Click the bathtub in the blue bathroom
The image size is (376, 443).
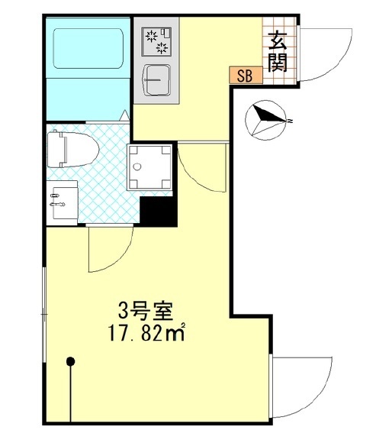(88, 48)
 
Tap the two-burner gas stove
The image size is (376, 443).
(156, 41)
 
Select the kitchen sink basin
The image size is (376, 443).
(157, 80)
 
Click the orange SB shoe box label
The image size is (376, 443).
(246, 76)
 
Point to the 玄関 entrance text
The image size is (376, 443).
(278, 52)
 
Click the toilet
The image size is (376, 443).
(72, 150)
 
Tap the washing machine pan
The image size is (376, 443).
(149, 167)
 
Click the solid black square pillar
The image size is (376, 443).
(159, 211)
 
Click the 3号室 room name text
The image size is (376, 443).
(145, 311)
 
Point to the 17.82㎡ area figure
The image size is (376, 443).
(146, 332)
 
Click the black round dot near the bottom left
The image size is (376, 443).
(70, 361)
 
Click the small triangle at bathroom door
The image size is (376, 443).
(125, 115)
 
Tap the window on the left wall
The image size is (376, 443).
(44, 315)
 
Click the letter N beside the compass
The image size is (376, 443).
(290, 121)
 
